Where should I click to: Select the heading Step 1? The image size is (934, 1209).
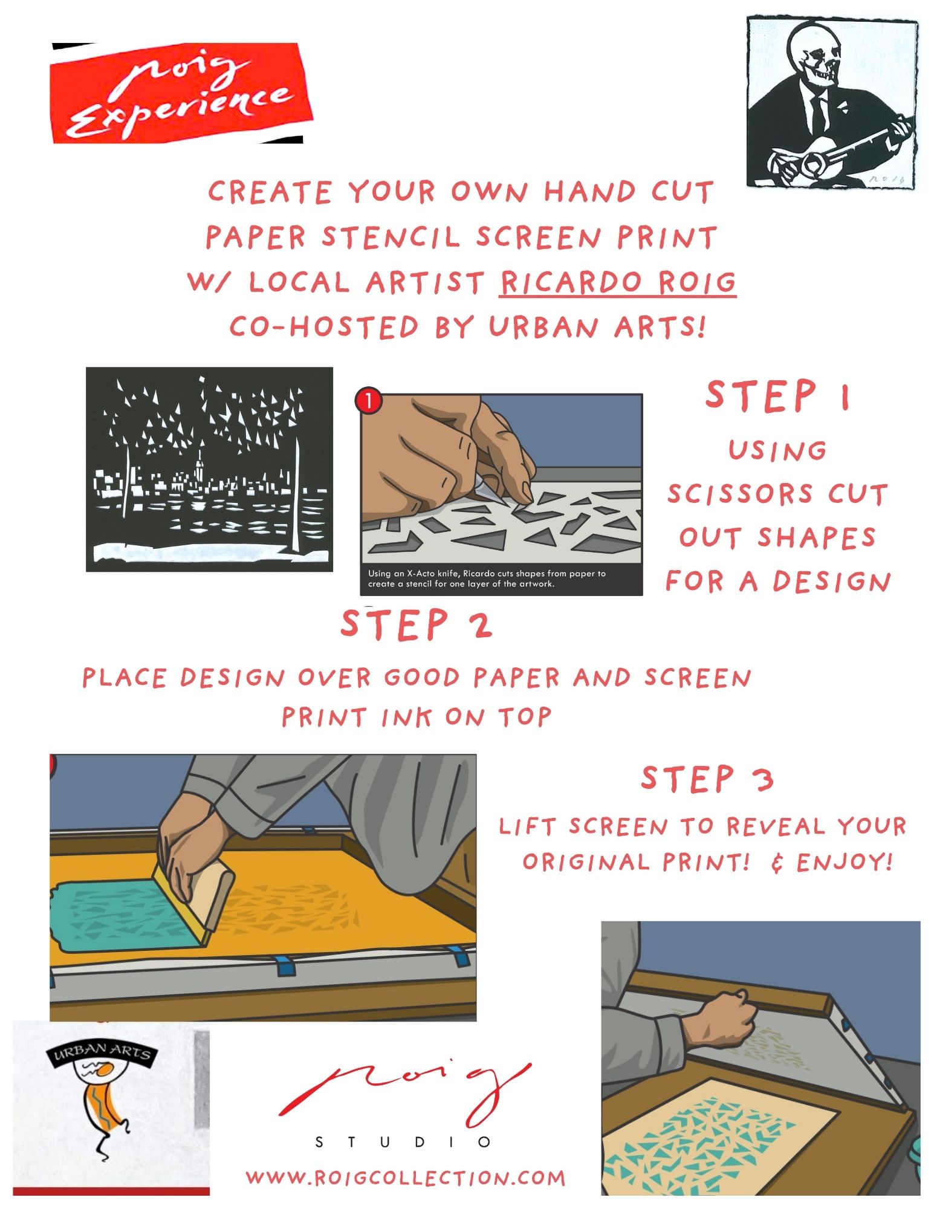[779, 397]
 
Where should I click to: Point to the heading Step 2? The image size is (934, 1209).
[417, 624]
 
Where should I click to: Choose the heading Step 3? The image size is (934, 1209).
[707, 779]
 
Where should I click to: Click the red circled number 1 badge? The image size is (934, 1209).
[369, 400]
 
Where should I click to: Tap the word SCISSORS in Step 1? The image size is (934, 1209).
[739, 494]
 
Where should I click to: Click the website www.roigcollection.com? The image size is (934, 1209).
[406, 1178]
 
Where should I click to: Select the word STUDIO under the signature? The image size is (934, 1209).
[403, 1142]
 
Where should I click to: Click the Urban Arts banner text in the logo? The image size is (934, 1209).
[102, 1052]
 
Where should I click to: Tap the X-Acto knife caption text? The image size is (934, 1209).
[487, 579]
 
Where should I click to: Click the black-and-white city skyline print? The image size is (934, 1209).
[209, 469]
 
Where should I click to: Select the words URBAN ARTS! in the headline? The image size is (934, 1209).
[597, 327]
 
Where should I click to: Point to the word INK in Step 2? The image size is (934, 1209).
[406, 717]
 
